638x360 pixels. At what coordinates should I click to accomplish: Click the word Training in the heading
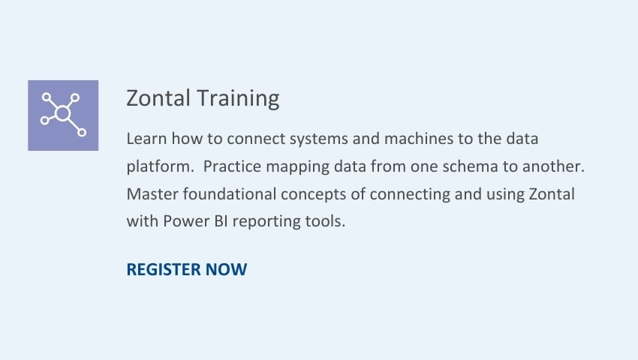[x=239, y=99]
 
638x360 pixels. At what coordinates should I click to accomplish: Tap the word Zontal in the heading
[x=158, y=98]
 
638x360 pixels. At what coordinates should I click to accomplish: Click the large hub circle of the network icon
[x=62, y=113]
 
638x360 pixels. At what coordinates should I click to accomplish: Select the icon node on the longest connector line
[x=82, y=132]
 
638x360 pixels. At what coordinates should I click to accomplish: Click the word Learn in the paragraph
[x=146, y=139]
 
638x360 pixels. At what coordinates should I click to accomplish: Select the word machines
[x=419, y=139]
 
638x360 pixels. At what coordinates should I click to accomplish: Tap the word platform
[x=161, y=167]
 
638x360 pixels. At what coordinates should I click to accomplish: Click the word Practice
[x=232, y=166]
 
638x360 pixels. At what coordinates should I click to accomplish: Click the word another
[x=553, y=166]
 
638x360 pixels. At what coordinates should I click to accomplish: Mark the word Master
[x=152, y=194]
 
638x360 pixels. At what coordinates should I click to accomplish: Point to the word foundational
[x=230, y=194]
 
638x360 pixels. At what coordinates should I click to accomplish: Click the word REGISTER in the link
[x=164, y=270]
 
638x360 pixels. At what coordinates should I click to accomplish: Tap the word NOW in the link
[x=226, y=270]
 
